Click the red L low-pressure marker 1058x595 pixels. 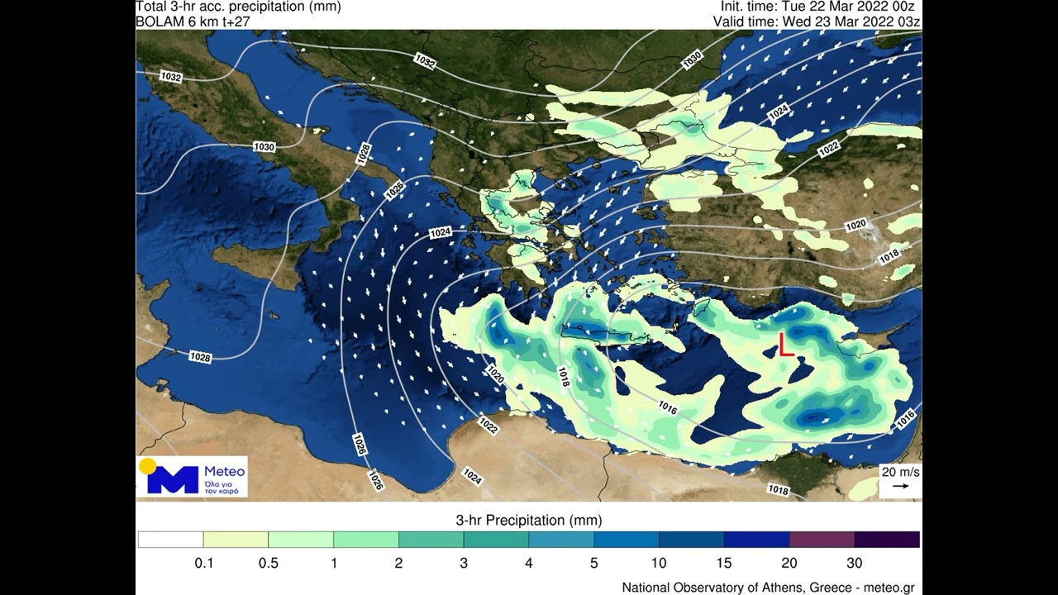click(785, 345)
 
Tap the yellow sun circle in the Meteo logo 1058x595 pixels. click(148, 466)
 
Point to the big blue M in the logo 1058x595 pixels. click(173, 480)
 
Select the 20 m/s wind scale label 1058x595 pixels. click(900, 472)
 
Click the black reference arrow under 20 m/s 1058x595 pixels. click(900, 486)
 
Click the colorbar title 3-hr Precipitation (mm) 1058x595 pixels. click(529, 521)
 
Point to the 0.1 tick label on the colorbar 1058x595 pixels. click(203, 564)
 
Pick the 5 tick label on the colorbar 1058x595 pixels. click(593, 564)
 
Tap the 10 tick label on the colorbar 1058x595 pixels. click(659, 564)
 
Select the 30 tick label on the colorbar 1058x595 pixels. click(854, 564)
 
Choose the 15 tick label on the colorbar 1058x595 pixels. click(723, 564)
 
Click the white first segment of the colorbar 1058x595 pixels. click(170, 540)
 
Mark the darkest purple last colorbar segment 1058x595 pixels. click(887, 540)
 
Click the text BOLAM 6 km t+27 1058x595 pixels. click(193, 21)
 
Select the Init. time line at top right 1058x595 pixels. click(817, 7)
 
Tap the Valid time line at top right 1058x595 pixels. click(817, 21)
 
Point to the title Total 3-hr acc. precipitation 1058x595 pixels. click(238, 7)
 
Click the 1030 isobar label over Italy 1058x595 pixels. click(264, 147)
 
